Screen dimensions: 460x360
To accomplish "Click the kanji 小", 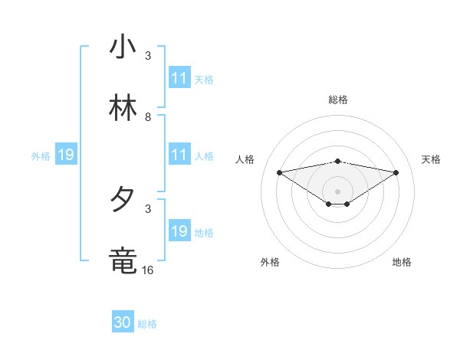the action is tap(123, 47).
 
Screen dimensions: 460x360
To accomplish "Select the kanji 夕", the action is tap(123, 201).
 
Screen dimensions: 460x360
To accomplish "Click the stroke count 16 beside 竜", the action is tap(148, 270).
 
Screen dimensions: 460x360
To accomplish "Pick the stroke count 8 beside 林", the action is tap(148, 116).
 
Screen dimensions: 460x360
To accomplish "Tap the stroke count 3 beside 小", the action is tap(148, 55).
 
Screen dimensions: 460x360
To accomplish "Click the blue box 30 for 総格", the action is tap(123, 323).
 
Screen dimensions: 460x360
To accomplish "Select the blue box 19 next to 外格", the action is tap(65, 155).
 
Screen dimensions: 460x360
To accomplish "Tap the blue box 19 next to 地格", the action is tap(179, 232).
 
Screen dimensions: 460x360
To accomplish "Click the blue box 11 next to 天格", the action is tap(179, 79).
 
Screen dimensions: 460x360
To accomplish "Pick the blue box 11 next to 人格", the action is tap(179, 155).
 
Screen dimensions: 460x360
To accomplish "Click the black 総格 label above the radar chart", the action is tap(338, 100).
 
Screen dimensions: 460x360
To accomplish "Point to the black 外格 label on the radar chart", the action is tap(270, 262).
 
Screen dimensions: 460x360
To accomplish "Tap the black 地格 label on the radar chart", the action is tap(402, 262).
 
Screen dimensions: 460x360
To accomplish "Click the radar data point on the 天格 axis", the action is tap(396, 172).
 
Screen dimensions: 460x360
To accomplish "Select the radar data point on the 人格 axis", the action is tap(280, 172).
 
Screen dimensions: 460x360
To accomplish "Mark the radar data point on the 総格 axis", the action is tap(338, 161).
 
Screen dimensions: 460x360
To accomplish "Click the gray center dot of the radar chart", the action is tap(338, 191).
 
